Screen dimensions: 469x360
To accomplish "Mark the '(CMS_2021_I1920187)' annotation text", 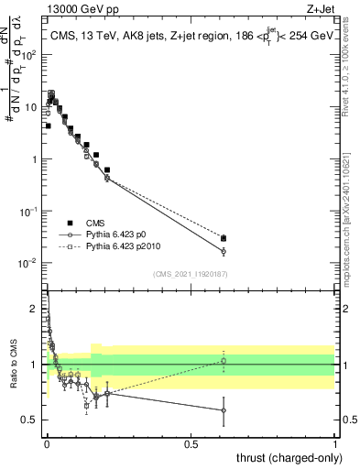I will [x=191, y=273].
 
